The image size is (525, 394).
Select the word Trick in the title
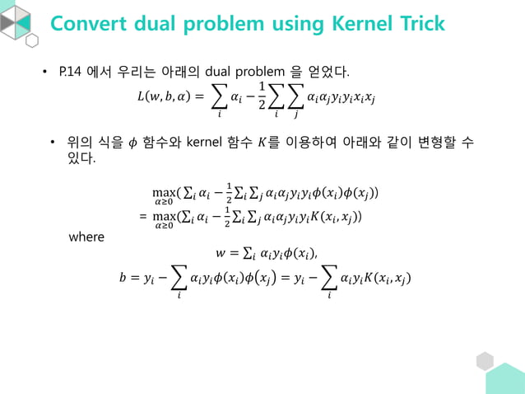click(420, 23)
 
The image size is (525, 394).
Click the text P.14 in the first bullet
click(69, 71)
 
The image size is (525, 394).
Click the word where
click(86, 237)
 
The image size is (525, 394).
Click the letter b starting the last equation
click(123, 278)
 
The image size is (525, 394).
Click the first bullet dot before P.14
click(46, 72)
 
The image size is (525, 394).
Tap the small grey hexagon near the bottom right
click(485, 360)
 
